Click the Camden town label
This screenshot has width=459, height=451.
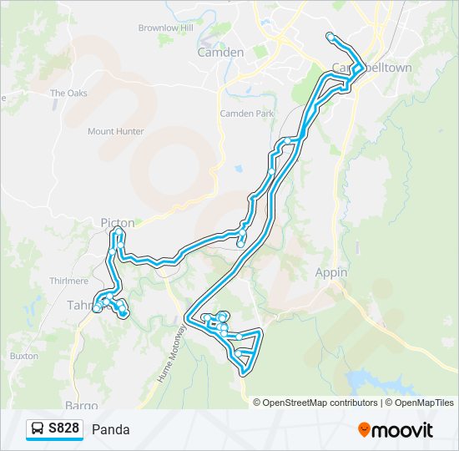[220, 52]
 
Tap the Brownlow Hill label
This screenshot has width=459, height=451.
[165, 28]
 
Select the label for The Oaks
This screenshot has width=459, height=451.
[68, 93]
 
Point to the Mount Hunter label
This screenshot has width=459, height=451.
[115, 131]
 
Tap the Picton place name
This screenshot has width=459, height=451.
[117, 223]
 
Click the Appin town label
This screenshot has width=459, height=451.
[331, 272]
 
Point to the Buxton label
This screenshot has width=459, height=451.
[24, 356]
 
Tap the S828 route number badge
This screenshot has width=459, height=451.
[63, 429]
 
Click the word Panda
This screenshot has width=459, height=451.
[111, 430]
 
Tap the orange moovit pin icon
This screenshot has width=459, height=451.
[364, 430]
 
